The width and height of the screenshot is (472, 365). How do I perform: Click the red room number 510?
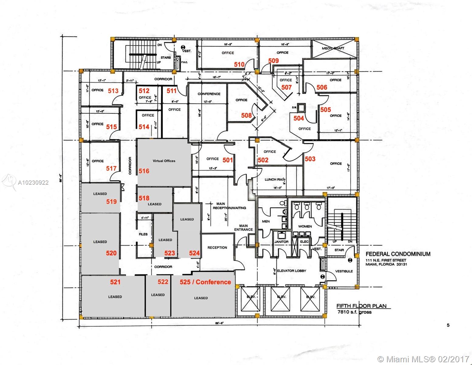click(x=239, y=64)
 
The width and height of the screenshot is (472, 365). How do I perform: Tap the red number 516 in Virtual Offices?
click(x=144, y=171)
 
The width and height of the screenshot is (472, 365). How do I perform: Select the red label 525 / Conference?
click(x=205, y=282)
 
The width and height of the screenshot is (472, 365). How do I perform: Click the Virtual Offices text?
click(x=164, y=161)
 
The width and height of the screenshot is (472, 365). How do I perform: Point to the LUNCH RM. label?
click(x=274, y=179)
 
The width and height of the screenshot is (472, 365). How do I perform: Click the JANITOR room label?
click(x=281, y=242)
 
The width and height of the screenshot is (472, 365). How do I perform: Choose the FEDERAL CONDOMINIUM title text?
click(x=398, y=254)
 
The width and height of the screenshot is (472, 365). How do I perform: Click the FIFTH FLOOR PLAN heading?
click(x=361, y=306)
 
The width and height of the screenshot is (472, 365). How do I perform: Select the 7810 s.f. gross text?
click(x=354, y=312)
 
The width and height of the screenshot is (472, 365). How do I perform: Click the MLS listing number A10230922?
click(x=33, y=183)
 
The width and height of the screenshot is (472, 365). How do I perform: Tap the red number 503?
click(x=310, y=159)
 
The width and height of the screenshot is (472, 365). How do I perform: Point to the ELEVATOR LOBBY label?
click(x=292, y=271)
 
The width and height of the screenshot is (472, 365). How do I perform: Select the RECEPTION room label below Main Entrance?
click(x=217, y=248)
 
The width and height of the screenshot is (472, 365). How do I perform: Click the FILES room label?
click(x=143, y=234)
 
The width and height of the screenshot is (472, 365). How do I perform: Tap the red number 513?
click(x=113, y=91)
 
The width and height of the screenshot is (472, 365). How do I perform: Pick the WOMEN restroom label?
click(x=305, y=226)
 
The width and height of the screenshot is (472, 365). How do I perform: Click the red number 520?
click(x=111, y=253)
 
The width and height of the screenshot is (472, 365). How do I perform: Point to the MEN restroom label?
click(x=266, y=221)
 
